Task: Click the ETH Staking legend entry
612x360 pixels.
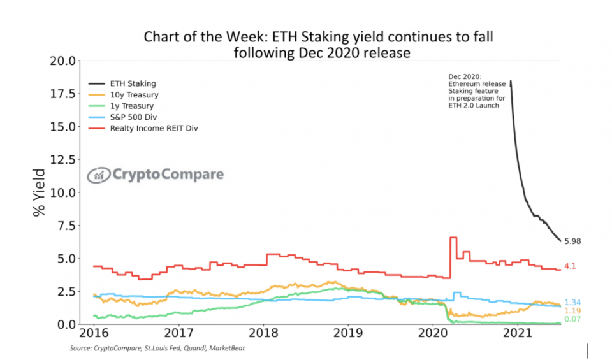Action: [133, 83]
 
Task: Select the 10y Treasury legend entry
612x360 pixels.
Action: [134, 95]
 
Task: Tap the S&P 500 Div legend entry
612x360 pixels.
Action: [134, 117]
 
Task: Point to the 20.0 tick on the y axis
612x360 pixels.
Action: [63, 61]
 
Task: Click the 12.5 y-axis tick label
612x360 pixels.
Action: [63, 160]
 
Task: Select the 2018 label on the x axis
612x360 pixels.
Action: [263, 333]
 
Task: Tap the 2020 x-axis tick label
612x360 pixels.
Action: [432, 333]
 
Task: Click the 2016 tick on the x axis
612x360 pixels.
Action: [93, 333]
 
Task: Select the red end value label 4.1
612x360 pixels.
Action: [570, 266]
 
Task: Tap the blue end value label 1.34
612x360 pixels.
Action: [572, 302]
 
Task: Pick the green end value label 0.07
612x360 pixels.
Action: [572, 320]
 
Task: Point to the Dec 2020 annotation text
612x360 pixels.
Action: [477, 91]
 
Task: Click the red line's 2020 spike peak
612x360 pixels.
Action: [453, 238]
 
